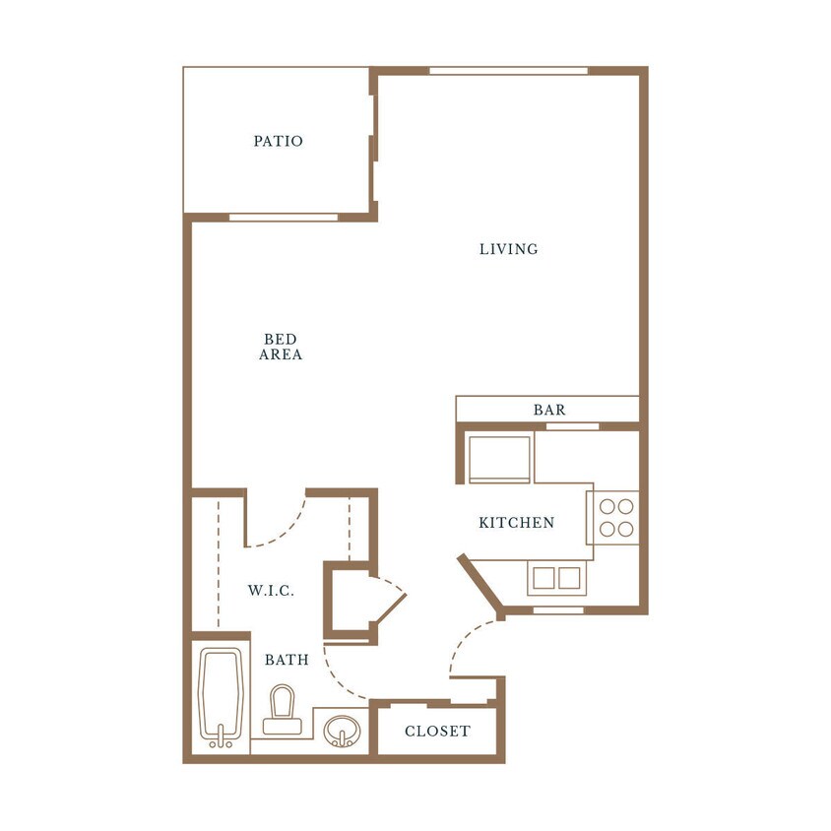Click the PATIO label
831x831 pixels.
[x=278, y=141]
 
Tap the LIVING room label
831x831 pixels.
[x=509, y=249]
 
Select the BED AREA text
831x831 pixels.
[x=281, y=347]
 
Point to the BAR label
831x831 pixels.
[x=549, y=410]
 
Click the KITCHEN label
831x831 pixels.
[x=516, y=523]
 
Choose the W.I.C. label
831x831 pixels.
[x=271, y=591]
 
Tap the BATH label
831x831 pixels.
[x=287, y=660]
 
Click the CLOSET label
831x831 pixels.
[x=437, y=732]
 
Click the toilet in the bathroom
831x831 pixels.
[x=282, y=711]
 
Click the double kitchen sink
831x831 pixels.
[x=556, y=578]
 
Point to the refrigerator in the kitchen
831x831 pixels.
[x=499, y=459]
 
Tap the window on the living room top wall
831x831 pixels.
[x=508, y=71]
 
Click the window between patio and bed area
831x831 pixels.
[x=284, y=218]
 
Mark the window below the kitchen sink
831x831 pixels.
[x=557, y=610]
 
